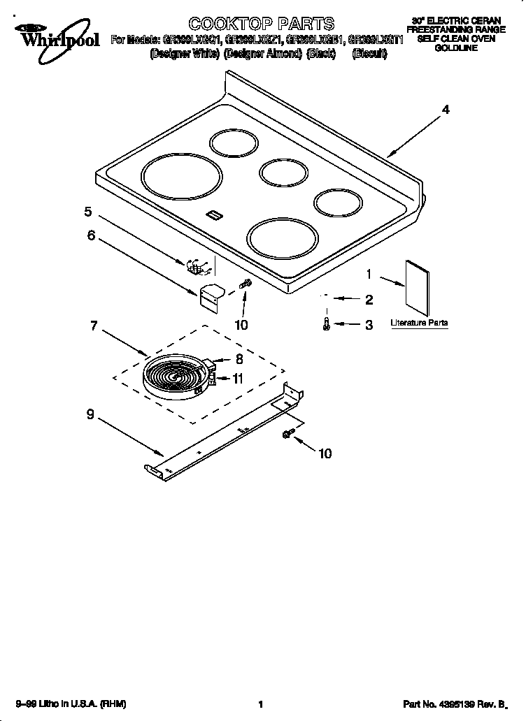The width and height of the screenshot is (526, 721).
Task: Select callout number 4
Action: [445, 110]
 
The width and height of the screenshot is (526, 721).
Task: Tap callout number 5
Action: [88, 212]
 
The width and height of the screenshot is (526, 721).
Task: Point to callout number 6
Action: [91, 236]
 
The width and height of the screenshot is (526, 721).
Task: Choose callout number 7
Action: [93, 326]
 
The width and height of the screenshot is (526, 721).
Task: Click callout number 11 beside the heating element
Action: [239, 379]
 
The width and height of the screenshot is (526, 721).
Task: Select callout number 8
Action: [239, 360]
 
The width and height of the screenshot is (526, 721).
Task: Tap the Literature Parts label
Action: [419, 323]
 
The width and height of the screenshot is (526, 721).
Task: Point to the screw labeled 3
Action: [327, 323]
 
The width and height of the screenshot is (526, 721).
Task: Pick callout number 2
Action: [369, 300]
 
